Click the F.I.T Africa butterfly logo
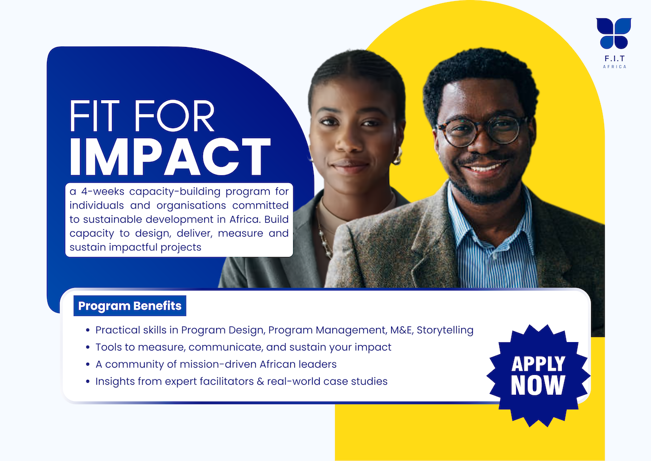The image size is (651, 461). click(614, 33)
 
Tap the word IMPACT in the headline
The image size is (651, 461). click(170, 157)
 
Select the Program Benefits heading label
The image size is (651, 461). click(130, 306)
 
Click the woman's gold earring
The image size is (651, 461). click(398, 156)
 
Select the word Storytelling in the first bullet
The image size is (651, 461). click(445, 330)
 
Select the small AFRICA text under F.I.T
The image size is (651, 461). click(614, 67)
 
